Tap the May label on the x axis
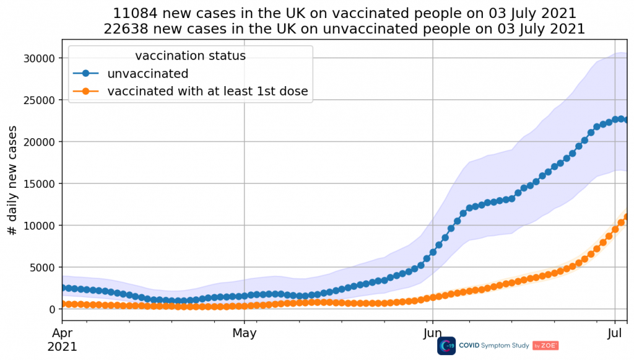click(x=244, y=333)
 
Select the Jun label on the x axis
click(x=432, y=333)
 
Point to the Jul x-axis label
click(x=615, y=333)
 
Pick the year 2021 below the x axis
click(x=63, y=346)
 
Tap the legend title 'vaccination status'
click(x=190, y=56)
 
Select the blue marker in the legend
click(x=87, y=74)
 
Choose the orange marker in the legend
click(x=87, y=92)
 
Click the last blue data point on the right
click(x=627, y=120)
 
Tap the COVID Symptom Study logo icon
click(x=446, y=346)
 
